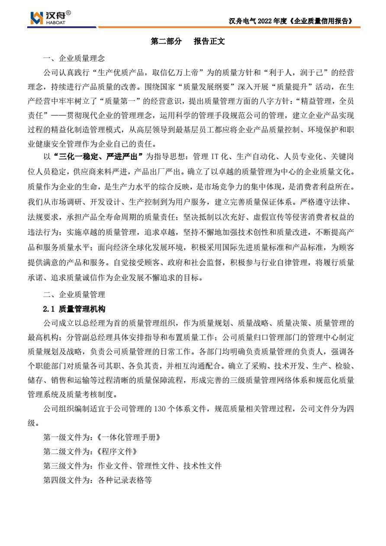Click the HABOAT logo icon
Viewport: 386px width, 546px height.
37,18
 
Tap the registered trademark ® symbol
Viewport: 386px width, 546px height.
68,13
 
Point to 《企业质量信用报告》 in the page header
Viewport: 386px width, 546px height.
321,21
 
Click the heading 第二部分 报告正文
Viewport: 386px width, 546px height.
187,42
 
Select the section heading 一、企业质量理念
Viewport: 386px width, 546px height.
74,58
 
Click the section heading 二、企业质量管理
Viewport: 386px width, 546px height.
74,295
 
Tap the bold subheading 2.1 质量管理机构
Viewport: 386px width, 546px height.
74,309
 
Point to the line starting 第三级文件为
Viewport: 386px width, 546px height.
132,466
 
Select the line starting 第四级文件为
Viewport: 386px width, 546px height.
97,480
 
